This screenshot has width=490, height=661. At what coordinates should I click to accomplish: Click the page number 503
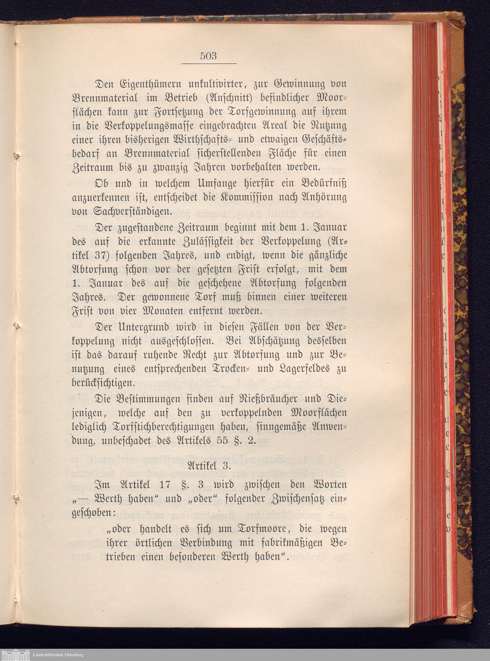coord(208,56)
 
